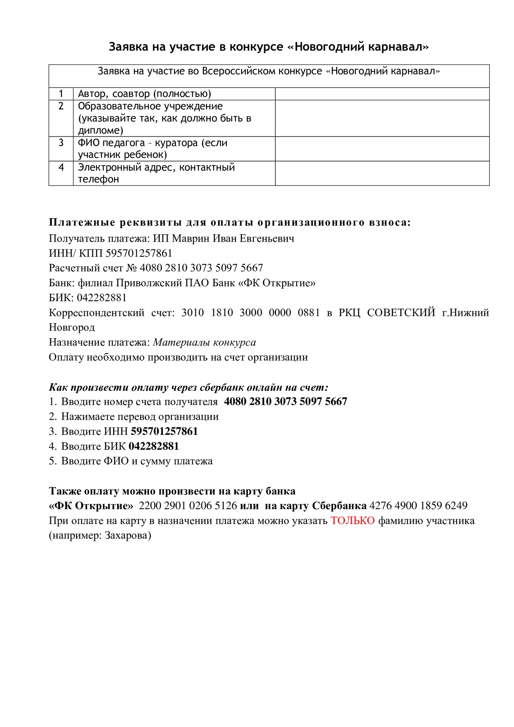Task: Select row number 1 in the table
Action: [61, 94]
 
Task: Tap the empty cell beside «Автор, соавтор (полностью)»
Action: [382, 94]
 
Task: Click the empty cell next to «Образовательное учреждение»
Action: [382, 118]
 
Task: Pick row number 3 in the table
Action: [61, 143]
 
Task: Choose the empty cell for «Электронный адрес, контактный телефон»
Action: [382, 173]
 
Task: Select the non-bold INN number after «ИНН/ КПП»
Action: [139, 253]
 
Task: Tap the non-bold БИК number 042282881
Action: [102, 298]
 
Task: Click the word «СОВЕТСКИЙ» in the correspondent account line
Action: [401, 312]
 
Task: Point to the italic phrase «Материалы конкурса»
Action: [204, 342]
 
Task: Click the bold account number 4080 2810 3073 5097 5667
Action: [285, 402]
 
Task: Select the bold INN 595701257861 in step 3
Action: [164, 431]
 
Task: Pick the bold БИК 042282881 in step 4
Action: [154, 446]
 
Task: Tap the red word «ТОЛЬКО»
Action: [352, 520]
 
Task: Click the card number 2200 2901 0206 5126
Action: [188, 506]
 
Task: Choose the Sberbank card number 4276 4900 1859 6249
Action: [418, 506]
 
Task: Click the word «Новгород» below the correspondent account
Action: [72, 327]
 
